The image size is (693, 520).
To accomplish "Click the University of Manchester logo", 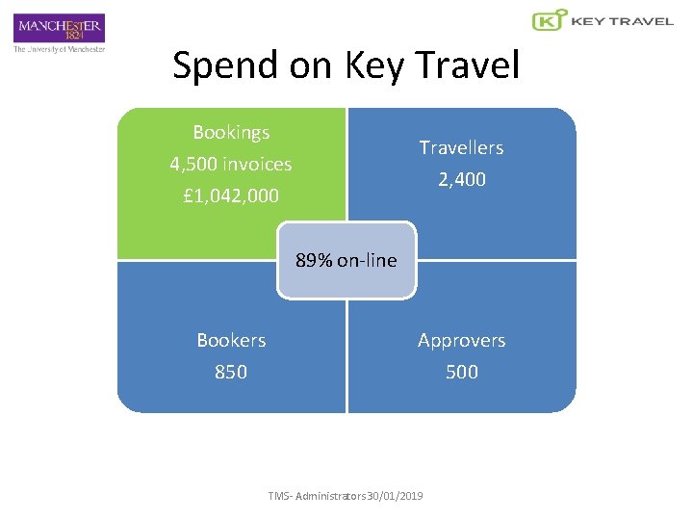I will pos(59,33).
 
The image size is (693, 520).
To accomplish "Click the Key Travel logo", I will pos(603,20).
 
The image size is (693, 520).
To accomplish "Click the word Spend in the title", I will pos(228,65).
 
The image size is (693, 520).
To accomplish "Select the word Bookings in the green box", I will pos(231,132).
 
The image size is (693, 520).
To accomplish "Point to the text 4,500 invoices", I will pos(231,164).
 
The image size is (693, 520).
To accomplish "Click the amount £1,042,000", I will pos(231,195).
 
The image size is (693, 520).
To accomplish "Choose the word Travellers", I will pos(461,147).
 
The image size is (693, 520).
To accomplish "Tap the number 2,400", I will pos(462,179).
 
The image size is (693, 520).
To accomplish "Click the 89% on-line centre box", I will pos(346,260).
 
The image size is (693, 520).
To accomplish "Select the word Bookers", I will pos(231,340).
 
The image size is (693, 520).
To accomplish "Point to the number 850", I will pos(231,372).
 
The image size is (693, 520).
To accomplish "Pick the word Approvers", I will pos(461,340).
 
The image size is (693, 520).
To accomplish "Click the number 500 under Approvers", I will pos(462,372).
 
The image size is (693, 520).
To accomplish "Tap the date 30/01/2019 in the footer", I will pos(397,496).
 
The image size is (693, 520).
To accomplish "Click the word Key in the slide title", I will pos(373,65).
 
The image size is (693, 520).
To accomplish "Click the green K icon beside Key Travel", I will pos(549,20).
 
